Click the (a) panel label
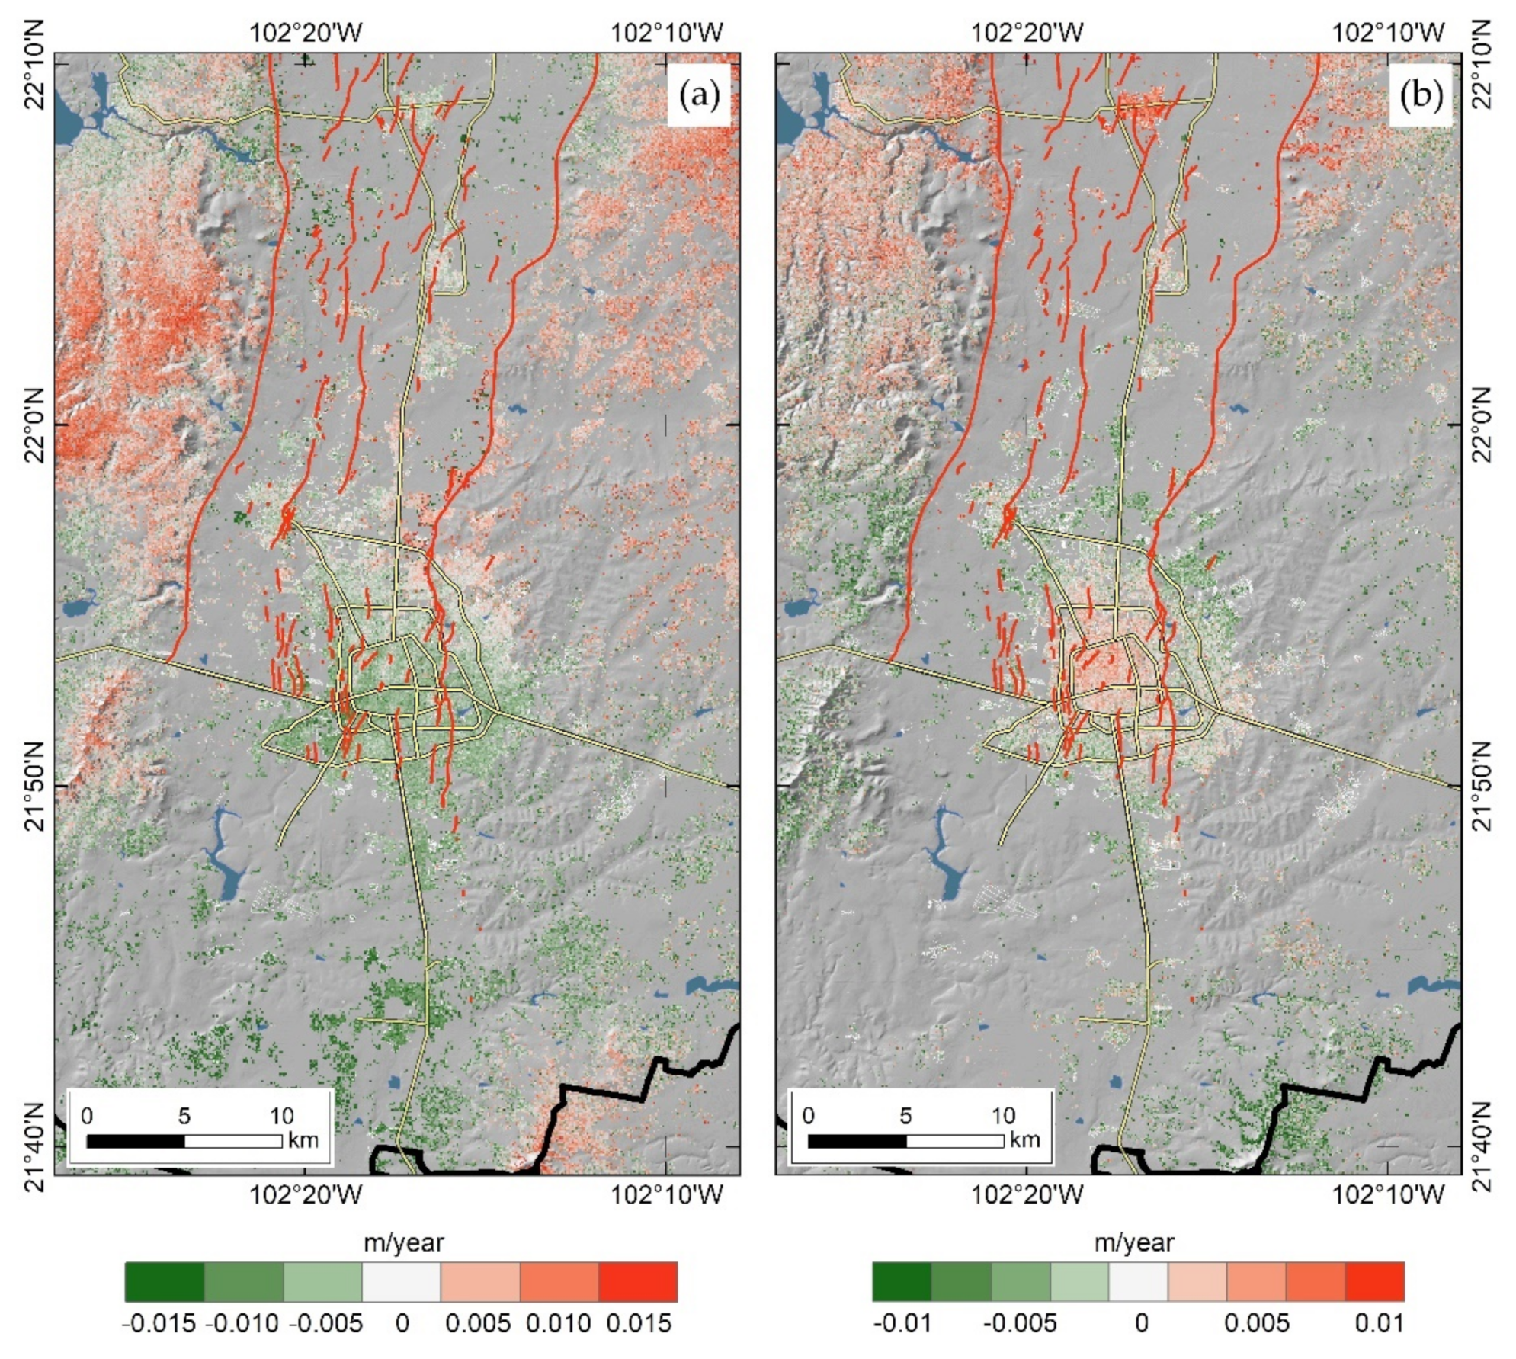coord(698,95)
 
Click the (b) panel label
coord(1421,95)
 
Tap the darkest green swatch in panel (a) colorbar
coord(165,1281)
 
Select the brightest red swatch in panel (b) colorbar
coord(1374,1281)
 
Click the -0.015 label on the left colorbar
coord(159,1323)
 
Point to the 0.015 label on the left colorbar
coord(639,1323)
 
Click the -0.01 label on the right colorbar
coord(902,1323)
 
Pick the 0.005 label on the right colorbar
coord(1257,1323)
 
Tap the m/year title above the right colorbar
coord(1134,1243)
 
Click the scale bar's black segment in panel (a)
coord(136,1141)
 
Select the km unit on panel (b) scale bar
coord(1025,1139)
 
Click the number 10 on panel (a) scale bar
coord(281,1117)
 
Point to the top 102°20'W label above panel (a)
coord(306,33)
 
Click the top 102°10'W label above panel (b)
coord(1388,33)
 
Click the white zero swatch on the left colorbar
coord(402,1281)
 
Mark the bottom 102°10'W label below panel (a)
coord(667,1194)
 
